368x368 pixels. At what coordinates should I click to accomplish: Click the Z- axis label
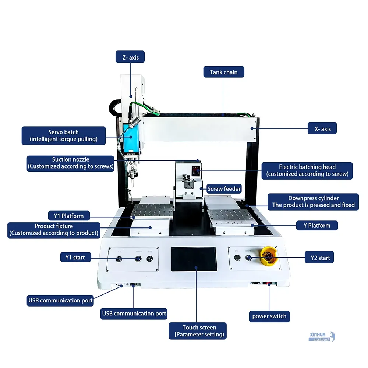(x=130, y=57)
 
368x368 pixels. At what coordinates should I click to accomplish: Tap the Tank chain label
(x=223, y=72)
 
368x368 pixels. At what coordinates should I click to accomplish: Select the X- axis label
(x=322, y=129)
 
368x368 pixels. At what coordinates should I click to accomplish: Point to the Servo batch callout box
(x=64, y=135)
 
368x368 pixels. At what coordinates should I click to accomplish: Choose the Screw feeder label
(x=224, y=189)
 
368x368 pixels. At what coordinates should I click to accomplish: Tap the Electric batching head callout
(x=307, y=170)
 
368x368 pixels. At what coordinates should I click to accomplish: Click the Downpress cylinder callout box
(x=313, y=202)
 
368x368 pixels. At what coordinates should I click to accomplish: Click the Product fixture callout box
(x=54, y=230)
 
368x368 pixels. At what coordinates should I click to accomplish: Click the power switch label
(x=269, y=316)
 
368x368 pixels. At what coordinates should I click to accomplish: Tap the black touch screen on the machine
(x=194, y=259)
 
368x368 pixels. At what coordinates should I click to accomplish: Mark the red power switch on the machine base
(x=269, y=284)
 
